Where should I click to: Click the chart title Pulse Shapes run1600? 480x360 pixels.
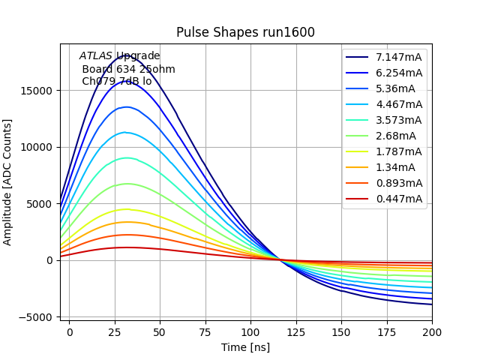coord(245,32)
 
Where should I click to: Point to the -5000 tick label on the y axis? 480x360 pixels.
coord(36,317)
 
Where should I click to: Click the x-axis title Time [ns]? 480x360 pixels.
coord(245,347)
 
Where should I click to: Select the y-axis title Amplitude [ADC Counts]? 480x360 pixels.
coord(8,182)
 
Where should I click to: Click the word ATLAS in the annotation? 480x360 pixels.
coord(96,56)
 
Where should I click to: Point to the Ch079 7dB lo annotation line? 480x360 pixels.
coord(116,81)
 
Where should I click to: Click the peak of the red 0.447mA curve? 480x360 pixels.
coord(127,247)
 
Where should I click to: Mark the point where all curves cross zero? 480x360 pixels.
coord(281,259)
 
